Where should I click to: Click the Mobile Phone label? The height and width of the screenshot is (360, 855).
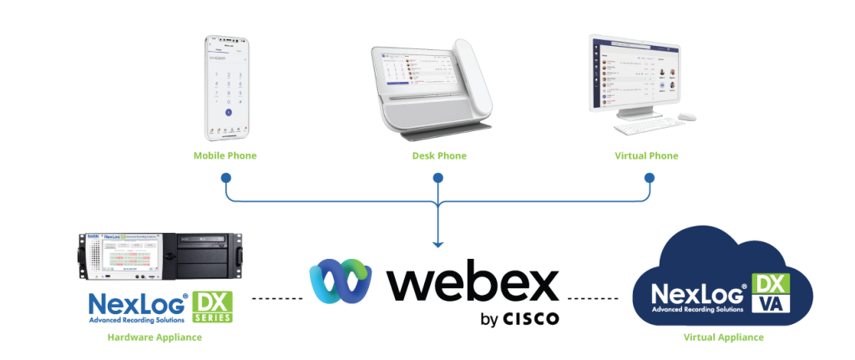pos(225,155)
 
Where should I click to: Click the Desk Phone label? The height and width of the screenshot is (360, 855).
pos(438,155)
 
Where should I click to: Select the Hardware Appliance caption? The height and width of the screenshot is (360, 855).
pos(154,337)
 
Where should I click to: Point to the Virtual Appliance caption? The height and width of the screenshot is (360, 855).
pos(722,337)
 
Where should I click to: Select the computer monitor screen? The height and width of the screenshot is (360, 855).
pos(637,73)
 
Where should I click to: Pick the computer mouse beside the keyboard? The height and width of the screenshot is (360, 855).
pos(686,116)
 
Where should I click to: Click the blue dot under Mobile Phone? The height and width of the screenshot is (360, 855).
pos(225,178)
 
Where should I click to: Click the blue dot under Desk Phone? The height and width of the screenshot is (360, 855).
pos(438,178)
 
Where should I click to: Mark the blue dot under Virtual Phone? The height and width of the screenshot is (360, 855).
pos(650,178)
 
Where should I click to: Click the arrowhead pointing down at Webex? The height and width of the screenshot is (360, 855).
pos(438,243)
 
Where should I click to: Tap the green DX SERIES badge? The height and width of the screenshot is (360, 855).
pos(212,307)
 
